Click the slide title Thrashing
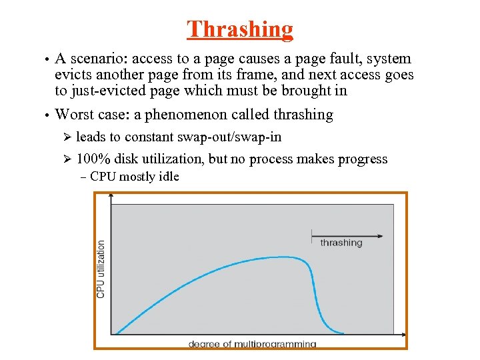coord(240,29)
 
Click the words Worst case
coord(92,115)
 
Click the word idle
coord(169,177)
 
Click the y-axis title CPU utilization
coord(101,269)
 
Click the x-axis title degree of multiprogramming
coord(252,344)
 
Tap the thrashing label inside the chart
coord(341,243)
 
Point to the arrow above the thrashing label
coord(347,235)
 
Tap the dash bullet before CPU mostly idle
coord(82,177)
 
